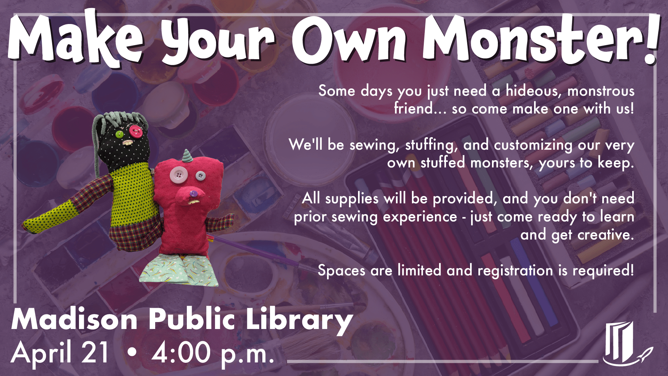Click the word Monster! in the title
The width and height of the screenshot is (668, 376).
(x=541, y=40)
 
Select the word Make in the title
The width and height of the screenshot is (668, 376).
(x=75, y=40)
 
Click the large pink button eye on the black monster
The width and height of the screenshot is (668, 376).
(x=136, y=131)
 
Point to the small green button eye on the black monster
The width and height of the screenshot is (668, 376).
(x=119, y=134)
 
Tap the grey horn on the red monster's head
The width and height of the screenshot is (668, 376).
(x=187, y=156)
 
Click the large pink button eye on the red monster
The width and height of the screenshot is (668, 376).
(x=179, y=174)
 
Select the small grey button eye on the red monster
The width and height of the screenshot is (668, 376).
(x=200, y=176)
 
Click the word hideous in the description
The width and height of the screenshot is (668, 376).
(x=534, y=91)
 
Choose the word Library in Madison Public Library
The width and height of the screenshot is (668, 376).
(x=299, y=320)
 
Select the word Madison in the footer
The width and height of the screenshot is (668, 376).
(x=75, y=320)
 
